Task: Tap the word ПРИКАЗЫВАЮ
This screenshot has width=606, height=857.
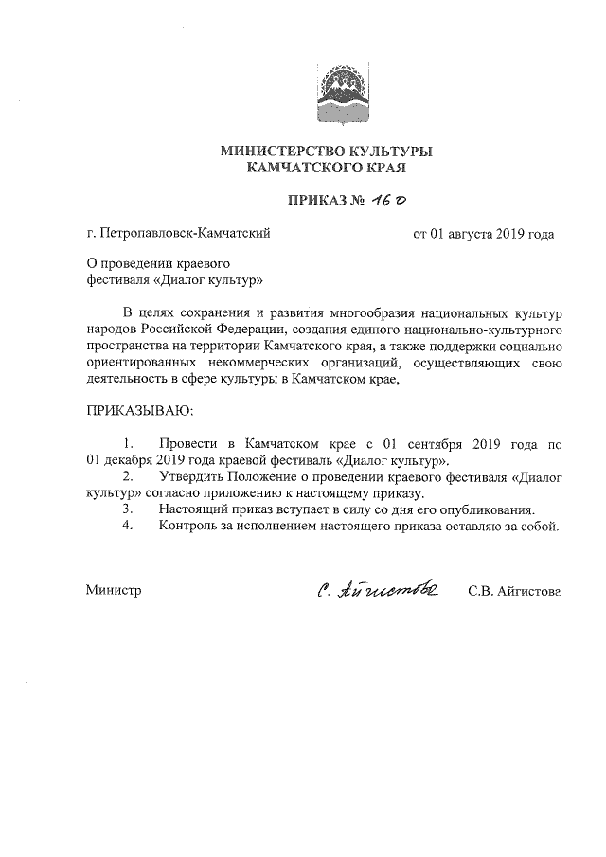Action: pos(139,411)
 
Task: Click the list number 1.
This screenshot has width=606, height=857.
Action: pos(129,443)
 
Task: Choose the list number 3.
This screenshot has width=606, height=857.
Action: pos(129,509)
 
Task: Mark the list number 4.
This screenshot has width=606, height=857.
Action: pos(129,526)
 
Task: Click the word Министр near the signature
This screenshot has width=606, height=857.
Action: pos(113,590)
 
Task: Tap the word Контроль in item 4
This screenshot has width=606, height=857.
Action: pos(192,526)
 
